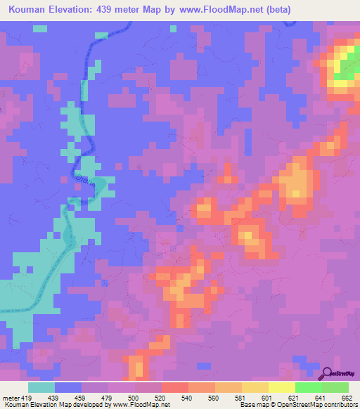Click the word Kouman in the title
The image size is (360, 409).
click(30, 10)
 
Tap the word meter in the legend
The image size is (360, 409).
click(10, 397)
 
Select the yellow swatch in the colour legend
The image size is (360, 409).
click(281, 387)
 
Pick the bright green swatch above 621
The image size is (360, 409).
click(308, 387)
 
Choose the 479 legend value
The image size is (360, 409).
click(108, 397)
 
